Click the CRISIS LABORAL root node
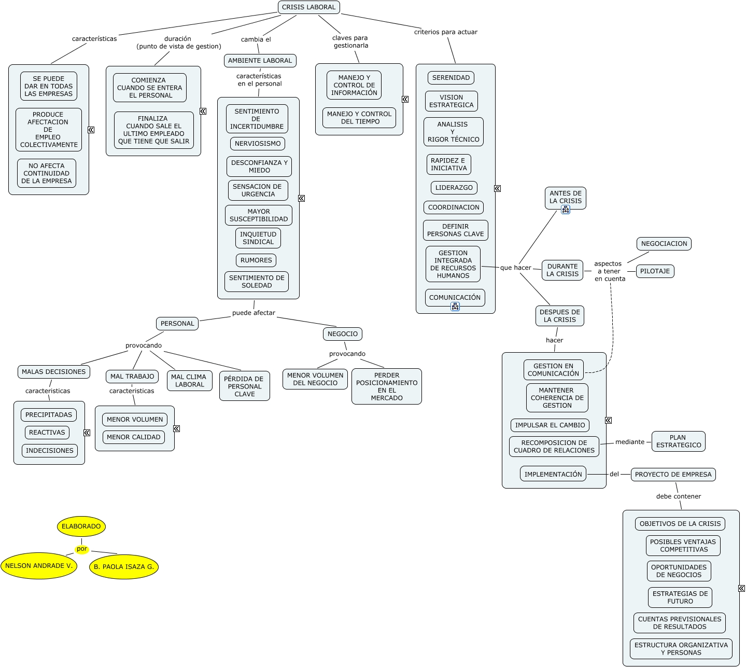pyautogui.click(x=308, y=7)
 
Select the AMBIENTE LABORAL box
pyautogui.click(x=260, y=61)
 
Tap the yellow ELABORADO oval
pyautogui.click(x=81, y=526)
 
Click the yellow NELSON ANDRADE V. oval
pyautogui.click(x=39, y=566)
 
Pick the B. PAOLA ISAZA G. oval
pyautogui.click(x=124, y=567)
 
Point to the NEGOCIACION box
pyautogui.click(x=664, y=244)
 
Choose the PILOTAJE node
pyautogui.click(x=655, y=271)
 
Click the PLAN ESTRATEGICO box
pyautogui.click(x=678, y=441)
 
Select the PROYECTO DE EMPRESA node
pyautogui.click(x=673, y=475)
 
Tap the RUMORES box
pyautogui.click(x=256, y=260)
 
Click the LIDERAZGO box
pyautogui.click(x=454, y=188)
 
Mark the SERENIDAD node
pyautogui.click(x=451, y=78)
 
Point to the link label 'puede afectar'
pyautogui.click(x=254, y=313)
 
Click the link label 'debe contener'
pyautogui.click(x=678, y=496)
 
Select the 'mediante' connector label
pyautogui.click(x=630, y=442)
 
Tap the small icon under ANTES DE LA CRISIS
pyautogui.click(x=566, y=210)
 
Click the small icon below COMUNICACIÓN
pyautogui.click(x=455, y=307)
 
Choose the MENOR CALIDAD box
pyautogui.click(x=134, y=437)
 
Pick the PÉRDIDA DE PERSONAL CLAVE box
pyautogui.click(x=245, y=386)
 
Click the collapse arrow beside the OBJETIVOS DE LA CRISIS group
pyautogui.click(x=741, y=588)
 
